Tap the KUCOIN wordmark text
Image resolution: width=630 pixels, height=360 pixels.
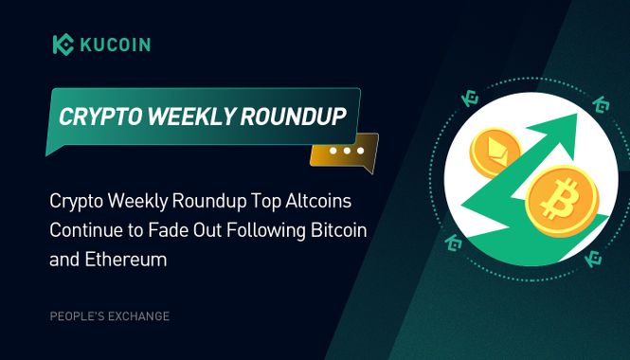[x=114, y=45]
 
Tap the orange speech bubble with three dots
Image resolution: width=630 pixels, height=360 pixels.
[x=346, y=151]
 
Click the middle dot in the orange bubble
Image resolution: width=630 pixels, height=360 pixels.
[x=347, y=151]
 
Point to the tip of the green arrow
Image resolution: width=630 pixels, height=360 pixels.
[x=579, y=119]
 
